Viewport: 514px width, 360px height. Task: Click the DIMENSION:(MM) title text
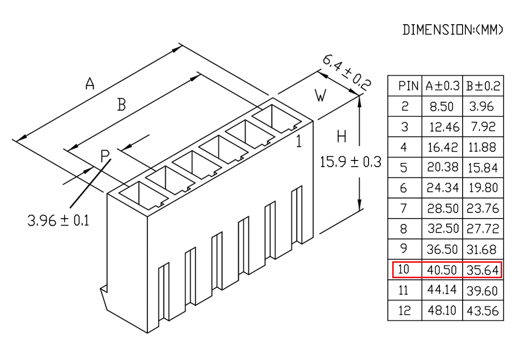tap(452, 30)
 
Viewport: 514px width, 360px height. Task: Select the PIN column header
tap(408, 86)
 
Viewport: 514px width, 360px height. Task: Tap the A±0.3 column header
tap(443, 86)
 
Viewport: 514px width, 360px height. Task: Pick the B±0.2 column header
tap(483, 86)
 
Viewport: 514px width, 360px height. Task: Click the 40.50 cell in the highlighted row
tap(442, 270)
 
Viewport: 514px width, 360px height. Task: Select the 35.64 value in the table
tap(483, 270)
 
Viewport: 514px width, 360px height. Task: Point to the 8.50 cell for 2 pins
tap(442, 106)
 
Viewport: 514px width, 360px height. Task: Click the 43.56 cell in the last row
tap(483, 311)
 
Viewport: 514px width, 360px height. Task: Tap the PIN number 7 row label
tap(404, 208)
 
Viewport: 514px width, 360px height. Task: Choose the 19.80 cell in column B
tap(483, 188)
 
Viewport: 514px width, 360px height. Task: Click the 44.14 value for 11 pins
tap(442, 290)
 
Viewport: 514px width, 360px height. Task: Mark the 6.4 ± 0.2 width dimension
tap(347, 73)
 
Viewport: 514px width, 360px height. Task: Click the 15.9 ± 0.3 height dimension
tap(351, 162)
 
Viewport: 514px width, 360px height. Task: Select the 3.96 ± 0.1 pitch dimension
tap(58, 220)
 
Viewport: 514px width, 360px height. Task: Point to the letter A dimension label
tap(89, 83)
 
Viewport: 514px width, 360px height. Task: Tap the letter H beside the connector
tap(342, 136)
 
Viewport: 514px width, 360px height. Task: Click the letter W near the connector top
tap(320, 96)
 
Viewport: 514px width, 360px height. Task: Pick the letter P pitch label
tap(104, 156)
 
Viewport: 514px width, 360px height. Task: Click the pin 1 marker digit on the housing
tap(299, 141)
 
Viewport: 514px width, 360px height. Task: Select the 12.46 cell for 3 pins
tap(444, 127)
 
